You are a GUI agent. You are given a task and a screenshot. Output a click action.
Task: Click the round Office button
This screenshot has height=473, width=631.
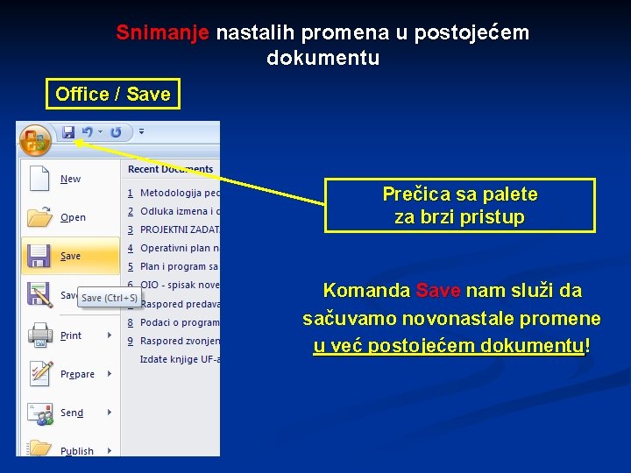click(36, 139)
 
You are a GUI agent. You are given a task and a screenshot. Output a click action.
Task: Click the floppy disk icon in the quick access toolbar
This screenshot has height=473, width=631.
click(68, 132)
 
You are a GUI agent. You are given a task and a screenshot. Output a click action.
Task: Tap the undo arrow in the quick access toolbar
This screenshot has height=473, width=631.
click(87, 132)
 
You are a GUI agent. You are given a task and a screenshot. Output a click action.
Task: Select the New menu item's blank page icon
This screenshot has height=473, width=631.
click(39, 178)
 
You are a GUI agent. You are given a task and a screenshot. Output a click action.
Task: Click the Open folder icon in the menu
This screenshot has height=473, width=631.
click(39, 216)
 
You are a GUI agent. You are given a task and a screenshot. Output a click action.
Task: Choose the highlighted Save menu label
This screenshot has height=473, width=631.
click(71, 257)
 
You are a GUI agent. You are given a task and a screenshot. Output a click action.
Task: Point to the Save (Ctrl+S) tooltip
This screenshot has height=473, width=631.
click(109, 298)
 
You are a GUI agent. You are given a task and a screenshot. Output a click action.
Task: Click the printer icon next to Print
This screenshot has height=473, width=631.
click(39, 335)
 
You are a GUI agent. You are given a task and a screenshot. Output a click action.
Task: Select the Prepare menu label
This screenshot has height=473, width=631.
click(77, 374)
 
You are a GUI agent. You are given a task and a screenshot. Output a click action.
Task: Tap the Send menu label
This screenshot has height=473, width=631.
click(72, 413)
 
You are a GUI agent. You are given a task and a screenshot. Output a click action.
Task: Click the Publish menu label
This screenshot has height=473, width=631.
click(77, 451)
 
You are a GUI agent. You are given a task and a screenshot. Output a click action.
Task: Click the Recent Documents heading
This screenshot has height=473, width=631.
click(170, 169)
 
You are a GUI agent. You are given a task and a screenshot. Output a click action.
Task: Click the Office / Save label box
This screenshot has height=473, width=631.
click(113, 94)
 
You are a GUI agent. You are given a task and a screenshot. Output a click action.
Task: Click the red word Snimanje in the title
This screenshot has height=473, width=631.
click(162, 33)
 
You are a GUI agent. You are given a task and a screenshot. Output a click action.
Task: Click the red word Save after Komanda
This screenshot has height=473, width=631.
click(438, 291)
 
